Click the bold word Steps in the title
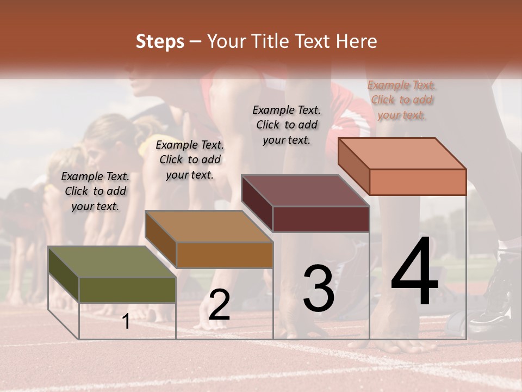pos(160,41)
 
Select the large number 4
pos(415,272)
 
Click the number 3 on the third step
pos(319,289)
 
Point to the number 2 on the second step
pos(219,305)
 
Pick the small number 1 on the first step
pos(126,322)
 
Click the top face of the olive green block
pos(111,262)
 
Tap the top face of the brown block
pos(209,226)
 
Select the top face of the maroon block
pos(305,191)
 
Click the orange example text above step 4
pos(402,100)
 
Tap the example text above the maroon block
pos(287,125)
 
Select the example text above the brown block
pos(190,160)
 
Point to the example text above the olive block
pos(95,191)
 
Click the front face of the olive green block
pos(128,290)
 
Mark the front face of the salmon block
pos(418,182)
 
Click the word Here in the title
pos(357,41)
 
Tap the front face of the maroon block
pos(321,219)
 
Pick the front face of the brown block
pos(225,255)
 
